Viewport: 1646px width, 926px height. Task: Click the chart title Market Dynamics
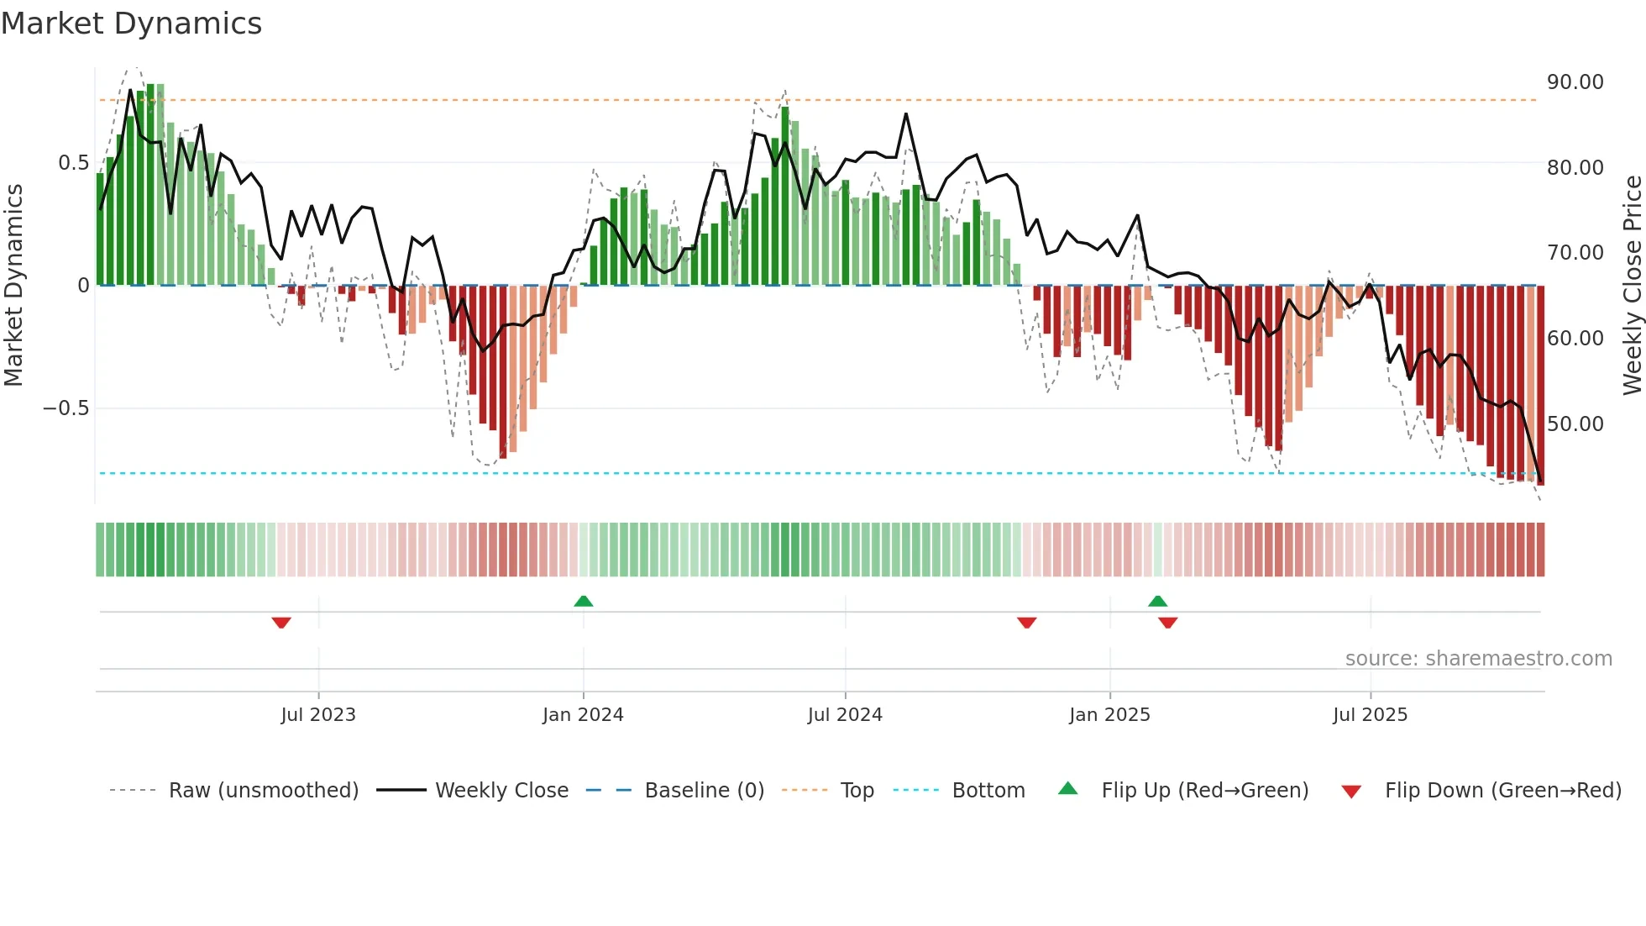(131, 24)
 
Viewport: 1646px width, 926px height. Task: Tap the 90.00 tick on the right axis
(1575, 82)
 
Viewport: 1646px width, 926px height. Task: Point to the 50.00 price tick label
(1575, 424)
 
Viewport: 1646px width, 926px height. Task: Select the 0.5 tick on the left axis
(73, 163)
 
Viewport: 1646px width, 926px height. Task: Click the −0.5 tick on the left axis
(66, 408)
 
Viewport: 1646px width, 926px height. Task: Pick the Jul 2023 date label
(318, 715)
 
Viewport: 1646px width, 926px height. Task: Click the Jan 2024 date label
(583, 715)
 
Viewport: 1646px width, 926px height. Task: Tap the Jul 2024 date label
(845, 715)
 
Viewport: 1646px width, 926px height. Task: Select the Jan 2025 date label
(1109, 715)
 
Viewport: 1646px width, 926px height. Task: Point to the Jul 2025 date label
(1370, 715)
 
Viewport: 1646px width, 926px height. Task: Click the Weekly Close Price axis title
(1632, 286)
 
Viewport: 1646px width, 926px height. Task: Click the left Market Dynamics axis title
(13, 286)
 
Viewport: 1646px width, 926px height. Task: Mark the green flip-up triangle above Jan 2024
(583, 601)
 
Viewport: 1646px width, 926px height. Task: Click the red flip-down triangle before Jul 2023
(281, 623)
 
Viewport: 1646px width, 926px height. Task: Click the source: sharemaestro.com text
(1478, 659)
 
